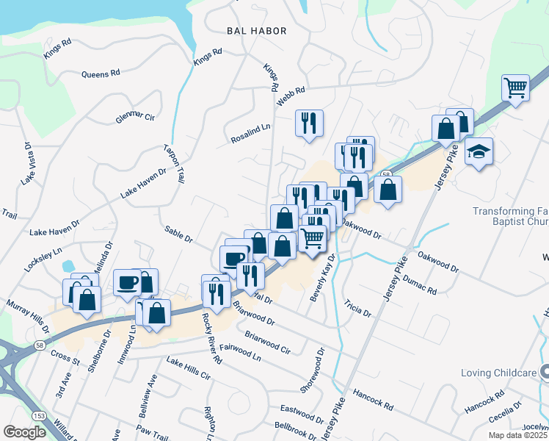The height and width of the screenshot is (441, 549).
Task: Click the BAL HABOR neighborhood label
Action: (x=256, y=31)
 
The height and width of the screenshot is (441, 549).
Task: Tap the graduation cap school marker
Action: (x=479, y=152)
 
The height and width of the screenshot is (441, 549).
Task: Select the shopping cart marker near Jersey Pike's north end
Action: (x=516, y=88)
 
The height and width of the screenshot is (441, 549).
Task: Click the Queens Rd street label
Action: (x=101, y=74)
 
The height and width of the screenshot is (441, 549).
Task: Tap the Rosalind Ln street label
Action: (x=251, y=132)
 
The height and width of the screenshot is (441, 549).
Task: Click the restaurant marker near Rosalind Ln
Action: (x=308, y=122)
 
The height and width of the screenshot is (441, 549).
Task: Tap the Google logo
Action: (x=25, y=432)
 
